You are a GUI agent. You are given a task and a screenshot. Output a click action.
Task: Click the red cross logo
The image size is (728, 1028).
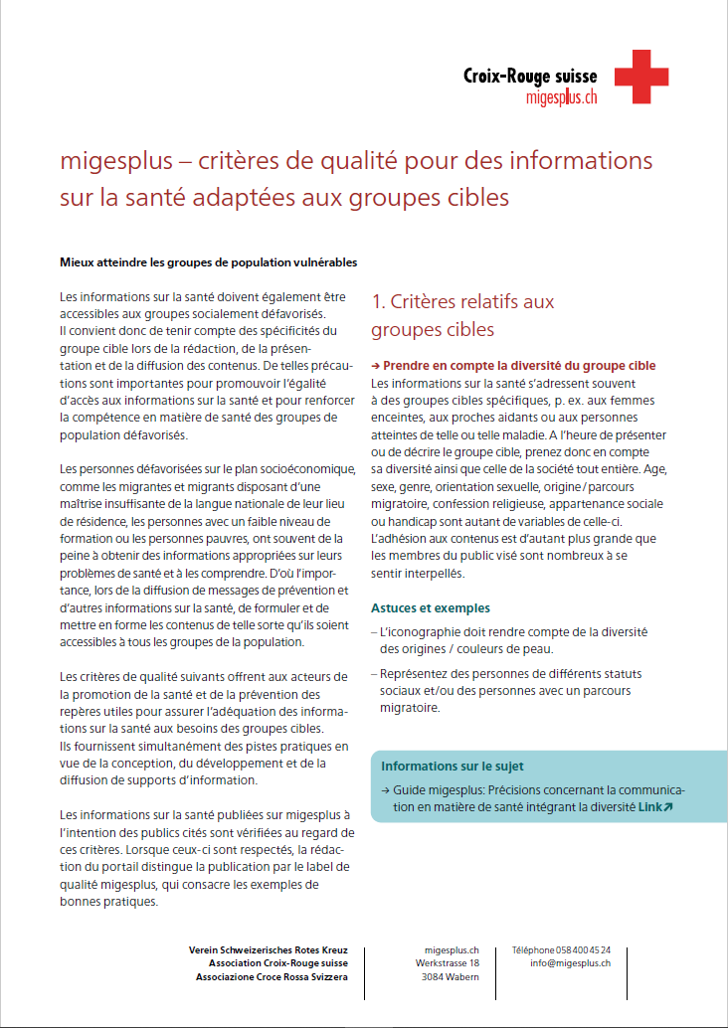coord(641,77)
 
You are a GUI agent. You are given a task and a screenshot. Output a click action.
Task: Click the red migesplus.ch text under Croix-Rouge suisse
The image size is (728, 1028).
coord(561,96)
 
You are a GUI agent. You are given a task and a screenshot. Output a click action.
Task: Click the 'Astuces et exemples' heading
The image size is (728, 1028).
coord(430,608)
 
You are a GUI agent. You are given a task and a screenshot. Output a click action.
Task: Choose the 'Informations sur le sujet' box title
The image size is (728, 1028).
coord(453,767)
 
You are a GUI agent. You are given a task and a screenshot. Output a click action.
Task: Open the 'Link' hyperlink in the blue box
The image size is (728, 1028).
coord(654,807)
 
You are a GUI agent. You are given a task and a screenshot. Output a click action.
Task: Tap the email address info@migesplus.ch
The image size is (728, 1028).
coord(570,963)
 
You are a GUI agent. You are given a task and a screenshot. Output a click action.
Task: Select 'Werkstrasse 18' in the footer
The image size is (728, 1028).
coord(448,963)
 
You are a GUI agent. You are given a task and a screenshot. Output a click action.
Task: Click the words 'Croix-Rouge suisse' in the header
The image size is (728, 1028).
coord(530,76)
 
